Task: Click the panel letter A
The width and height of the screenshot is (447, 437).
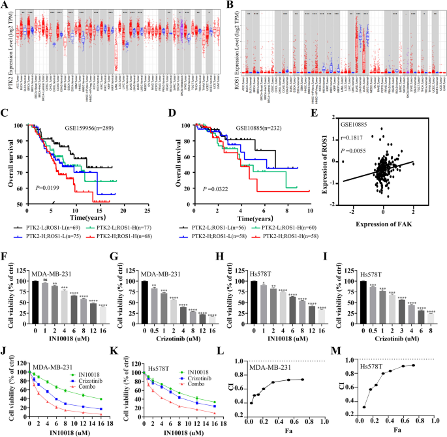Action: click(x=5, y=6)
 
